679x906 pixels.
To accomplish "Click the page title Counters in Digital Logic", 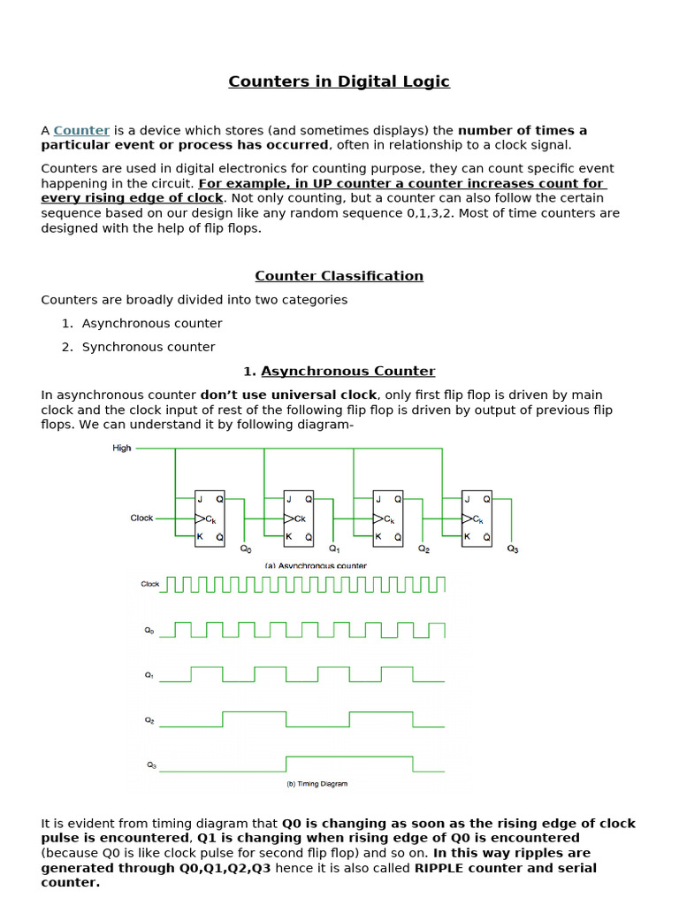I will click(339, 81).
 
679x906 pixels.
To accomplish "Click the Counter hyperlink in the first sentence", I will click(81, 130).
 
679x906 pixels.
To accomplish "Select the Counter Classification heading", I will click(339, 276).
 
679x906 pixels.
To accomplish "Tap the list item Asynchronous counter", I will click(152, 324).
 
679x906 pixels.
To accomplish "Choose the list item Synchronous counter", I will click(149, 347).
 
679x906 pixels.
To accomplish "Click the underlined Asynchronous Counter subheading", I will click(347, 372).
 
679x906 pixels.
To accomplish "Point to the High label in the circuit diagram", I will click(122, 449).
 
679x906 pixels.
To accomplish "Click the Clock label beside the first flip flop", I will click(141, 518).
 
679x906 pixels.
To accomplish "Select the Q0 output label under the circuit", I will click(246, 549).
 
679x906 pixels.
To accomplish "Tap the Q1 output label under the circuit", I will click(334, 549).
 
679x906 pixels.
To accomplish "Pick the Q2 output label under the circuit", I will click(424, 549).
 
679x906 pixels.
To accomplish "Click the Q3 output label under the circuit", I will click(513, 549).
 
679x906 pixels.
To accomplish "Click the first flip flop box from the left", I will click(210, 518).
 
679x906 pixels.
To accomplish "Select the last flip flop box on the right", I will click(478, 518).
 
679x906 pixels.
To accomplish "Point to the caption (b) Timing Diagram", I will click(317, 784).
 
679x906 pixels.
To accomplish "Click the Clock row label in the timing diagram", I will click(149, 584).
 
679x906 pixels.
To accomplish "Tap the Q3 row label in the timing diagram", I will click(150, 764).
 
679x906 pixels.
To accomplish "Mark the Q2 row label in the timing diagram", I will click(149, 719).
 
